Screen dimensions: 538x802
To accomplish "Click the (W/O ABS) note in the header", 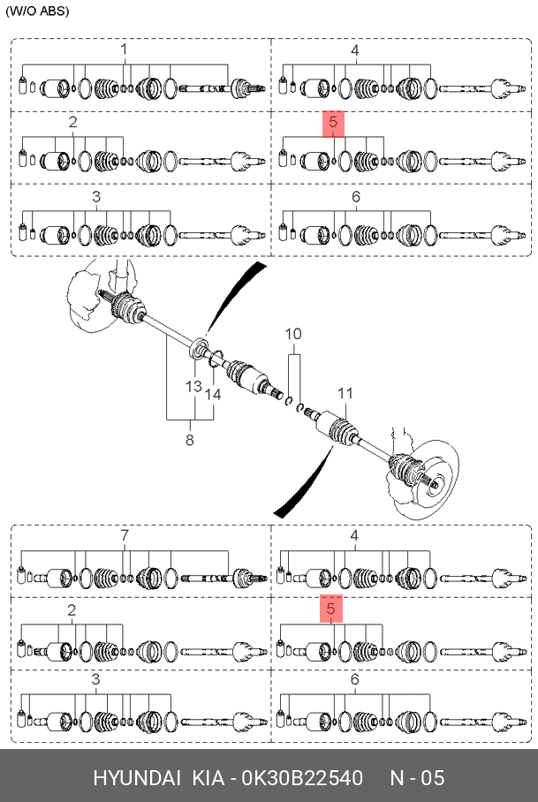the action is tap(37, 11).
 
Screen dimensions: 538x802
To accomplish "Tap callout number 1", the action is tap(124, 49).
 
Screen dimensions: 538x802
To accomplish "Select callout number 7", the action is tap(125, 535).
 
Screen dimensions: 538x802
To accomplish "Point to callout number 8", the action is tap(190, 439).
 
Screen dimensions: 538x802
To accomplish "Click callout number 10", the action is tap(293, 335).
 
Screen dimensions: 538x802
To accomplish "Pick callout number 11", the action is tap(345, 393).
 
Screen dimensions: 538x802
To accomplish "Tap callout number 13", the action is tap(193, 386).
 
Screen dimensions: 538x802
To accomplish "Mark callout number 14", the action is tap(213, 394).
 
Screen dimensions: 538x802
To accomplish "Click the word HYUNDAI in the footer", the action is tap(137, 778).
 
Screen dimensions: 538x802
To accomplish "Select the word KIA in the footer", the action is tap(208, 778).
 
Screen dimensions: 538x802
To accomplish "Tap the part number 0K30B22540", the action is tap(302, 778).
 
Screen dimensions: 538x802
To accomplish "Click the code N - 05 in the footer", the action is tap(417, 778).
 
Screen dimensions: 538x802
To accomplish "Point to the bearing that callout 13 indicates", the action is tap(198, 348).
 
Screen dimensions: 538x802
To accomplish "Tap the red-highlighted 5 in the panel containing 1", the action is tap(333, 124).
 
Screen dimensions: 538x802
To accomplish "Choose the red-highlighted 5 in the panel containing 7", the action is tap(331, 609).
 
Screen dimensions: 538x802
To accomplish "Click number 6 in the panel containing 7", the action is tap(355, 680).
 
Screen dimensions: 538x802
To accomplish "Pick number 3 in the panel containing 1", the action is tap(96, 197).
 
